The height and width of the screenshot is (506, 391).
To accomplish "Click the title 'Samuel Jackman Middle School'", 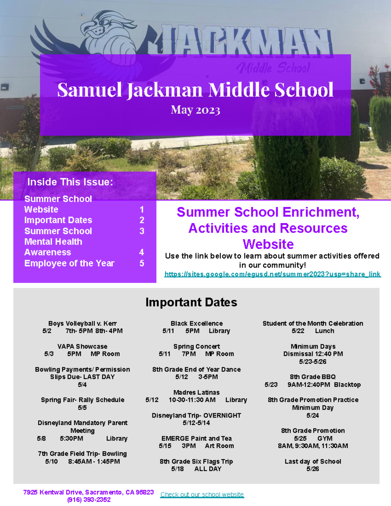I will (x=195, y=90).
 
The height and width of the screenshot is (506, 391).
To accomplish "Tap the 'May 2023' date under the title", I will (x=195, y=110).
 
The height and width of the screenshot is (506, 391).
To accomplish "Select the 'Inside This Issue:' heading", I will (x=70, y=182).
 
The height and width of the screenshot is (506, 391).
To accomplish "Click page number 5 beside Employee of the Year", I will (x=142, y=263).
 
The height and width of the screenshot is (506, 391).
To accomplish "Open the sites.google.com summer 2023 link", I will (x=272, y=274).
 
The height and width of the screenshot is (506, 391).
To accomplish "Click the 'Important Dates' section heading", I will (x=191, y=302).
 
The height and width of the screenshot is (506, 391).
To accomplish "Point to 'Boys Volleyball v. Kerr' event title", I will (x=82, y=324).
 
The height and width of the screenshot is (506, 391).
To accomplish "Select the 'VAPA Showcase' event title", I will (x=82, y=346).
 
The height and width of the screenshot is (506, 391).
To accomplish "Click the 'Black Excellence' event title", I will (x=196, y=324).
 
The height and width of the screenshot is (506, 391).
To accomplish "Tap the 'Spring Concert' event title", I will (x=196, y=346).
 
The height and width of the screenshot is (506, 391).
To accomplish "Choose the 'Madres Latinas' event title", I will (x=196, y=392).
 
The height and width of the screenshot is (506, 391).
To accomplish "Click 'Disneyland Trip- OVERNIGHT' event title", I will (x=196, y=415).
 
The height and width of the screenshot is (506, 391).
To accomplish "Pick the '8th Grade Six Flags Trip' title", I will (x=196, y=461).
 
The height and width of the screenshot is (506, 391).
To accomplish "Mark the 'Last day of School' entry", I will (x=313, y=461).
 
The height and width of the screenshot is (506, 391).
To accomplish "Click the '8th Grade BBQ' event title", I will (x=313, y=377).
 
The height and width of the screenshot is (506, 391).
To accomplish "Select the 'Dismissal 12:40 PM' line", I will (x=313, y=354).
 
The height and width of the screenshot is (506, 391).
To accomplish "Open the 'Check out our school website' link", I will (x=202, y=495).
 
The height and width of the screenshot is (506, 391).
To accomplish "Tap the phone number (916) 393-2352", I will (x=89, y=500).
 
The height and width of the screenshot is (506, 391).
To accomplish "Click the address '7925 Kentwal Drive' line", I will (x=88, y=492).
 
